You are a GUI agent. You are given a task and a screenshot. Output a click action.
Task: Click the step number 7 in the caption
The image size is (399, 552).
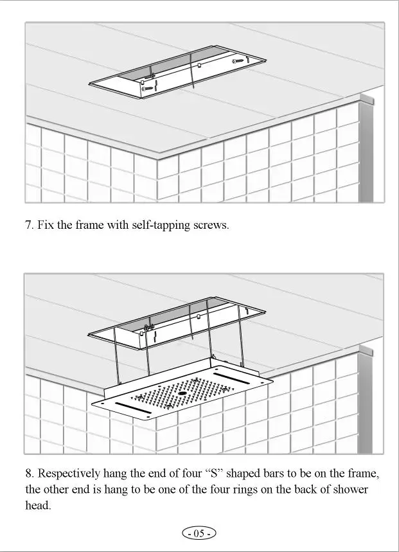click(29, 226)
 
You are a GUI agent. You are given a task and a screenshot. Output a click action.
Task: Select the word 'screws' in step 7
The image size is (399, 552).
click(210, 226)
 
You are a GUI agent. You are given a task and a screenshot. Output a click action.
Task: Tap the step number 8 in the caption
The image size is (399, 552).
click(29, 474)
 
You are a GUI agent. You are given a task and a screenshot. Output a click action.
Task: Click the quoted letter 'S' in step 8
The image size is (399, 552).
click(215, 474)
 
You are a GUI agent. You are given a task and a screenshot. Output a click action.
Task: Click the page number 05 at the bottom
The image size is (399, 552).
click(199, 533)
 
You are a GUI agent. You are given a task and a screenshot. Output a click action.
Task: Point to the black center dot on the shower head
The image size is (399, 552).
click(182, 392)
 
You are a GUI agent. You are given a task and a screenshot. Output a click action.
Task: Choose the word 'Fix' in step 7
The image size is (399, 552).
click(46, 226)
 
